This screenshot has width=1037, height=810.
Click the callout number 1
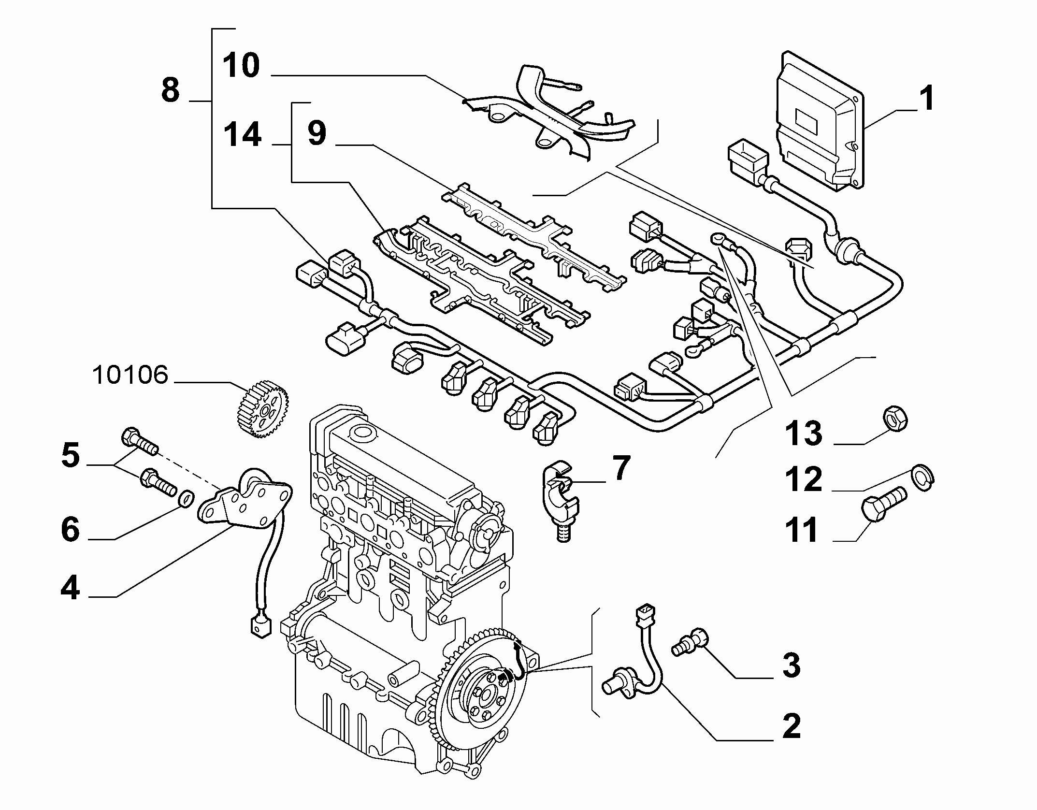(x=926, y=99)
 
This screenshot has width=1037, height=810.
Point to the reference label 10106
(x=130, y=375)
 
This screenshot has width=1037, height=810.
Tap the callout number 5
(x=71, y=455)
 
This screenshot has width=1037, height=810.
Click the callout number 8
(x=170, y=90)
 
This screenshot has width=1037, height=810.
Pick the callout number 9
(x=317, y=133)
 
